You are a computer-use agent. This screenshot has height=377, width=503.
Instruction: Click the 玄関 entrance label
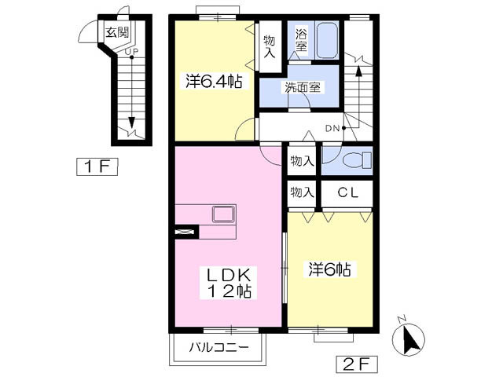(x=117, y=32)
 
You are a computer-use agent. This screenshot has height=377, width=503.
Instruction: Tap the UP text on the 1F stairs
(x=130, y=51)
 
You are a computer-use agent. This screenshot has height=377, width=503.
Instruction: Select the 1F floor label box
(x=97, y=167)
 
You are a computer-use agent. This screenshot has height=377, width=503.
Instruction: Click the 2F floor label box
(x=357, y=364)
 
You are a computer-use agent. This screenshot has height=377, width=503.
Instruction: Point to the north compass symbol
(x=409, y=339)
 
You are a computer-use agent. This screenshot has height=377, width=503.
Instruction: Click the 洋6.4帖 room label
(x=213, y=81)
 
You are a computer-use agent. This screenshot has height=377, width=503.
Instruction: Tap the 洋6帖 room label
(x=329, y=269)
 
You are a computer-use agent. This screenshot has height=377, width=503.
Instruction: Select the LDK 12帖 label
(x=229, y=283)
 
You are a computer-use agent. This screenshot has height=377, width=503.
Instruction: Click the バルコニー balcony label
(x=219, y=347)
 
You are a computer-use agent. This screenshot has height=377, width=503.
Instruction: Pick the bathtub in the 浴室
(x=327, y=40)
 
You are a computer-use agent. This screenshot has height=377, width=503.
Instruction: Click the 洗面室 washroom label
(x=303, y=87)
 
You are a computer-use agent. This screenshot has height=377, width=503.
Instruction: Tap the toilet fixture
(x=356, y=160)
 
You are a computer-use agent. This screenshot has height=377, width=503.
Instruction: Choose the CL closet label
(x=347, y=192)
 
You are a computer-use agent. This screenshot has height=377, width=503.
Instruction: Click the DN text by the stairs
(x=332, y=129)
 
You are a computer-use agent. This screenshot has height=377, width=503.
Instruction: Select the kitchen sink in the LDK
(x=223, y=214)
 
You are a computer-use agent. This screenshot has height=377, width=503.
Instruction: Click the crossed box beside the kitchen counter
(x=186, y=232)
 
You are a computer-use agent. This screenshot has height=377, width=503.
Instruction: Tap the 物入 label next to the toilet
(x=302, y=161)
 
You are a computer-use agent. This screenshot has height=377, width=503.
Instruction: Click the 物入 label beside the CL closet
(x=302, y=192)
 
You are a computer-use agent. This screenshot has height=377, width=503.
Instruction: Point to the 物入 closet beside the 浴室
(x=270, y=47)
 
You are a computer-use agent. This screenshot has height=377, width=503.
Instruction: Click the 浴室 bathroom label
(x=302, y=40)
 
